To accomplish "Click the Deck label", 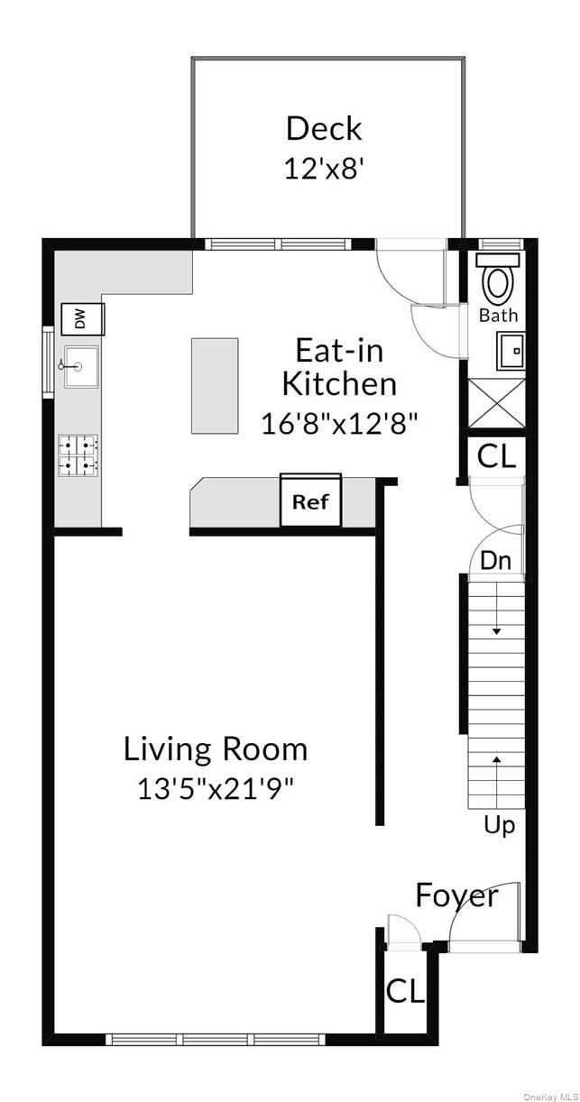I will (323, 128).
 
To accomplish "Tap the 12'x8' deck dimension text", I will (323, 169).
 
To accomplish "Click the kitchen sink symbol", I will (81, 366).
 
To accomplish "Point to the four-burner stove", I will (78, 455).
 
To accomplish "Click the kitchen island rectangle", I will (215, 386).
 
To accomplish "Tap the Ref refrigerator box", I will (310, 501).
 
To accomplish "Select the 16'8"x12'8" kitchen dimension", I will (339, 423).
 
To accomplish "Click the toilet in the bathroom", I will (497, 280).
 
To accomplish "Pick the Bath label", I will (498, 316).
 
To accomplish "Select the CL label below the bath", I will (496, 456).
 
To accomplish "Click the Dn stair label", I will (495, 560).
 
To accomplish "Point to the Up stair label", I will (499, 824).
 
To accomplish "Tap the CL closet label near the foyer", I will (405, 991).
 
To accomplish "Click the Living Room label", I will (216, 748).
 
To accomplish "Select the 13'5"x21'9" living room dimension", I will (216, 789).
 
